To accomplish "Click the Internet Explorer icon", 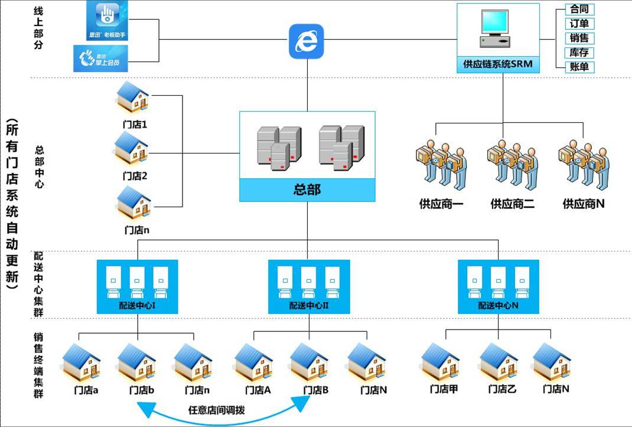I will tap(307, 41).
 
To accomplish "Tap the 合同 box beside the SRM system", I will tap(576, 9).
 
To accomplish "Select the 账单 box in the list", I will tap(576, 67).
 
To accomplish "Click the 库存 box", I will tap(576, 53).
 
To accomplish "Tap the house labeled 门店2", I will tap(132, 148).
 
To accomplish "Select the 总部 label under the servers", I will tap(307, 190).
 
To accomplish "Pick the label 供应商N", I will tap(583, 204).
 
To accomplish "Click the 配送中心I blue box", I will tap(138, 286).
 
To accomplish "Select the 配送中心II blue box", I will tap(308, 286).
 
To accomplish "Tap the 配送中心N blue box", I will tap(498, 286).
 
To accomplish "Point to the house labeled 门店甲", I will tap(441, 361).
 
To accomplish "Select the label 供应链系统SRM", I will tap(497, 63).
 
